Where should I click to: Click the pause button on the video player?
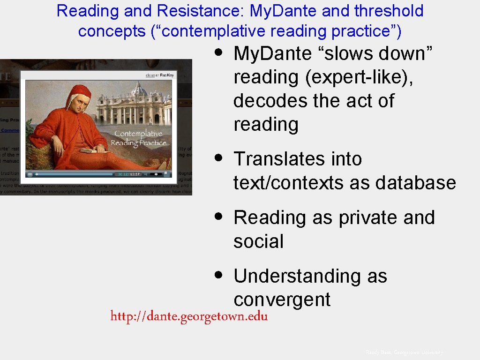tap(30, 174)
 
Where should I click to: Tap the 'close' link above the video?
tap(150, 75)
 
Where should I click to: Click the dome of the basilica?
tap(138, 90)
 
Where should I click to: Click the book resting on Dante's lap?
tap(90, 150)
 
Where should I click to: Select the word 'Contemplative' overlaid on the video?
tap(138, 134)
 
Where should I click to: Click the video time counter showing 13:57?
tap(135, 174)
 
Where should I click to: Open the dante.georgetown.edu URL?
tap(189, 316)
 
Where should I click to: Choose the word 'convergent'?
tap(282, 300)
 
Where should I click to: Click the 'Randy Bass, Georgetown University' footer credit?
tap(404, 352)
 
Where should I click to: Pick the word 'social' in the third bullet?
tap(259, 241)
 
